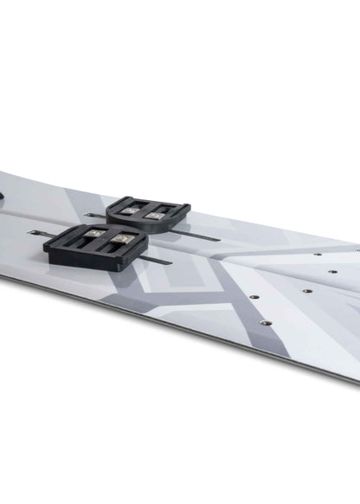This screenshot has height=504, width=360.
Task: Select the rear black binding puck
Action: coord(148,211)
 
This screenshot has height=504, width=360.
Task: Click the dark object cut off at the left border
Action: coord(3,198)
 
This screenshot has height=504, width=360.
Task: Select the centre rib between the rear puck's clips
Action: coord(147,209)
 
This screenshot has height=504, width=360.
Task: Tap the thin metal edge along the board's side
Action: coord(173,329)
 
